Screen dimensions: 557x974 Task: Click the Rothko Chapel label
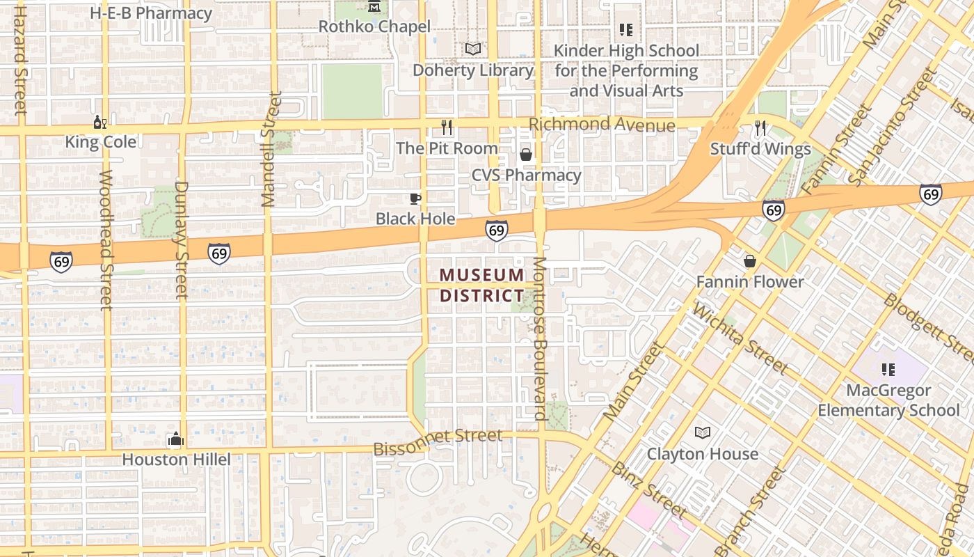[x=374, y=26]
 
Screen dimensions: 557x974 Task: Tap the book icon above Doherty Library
[x=473, y=49]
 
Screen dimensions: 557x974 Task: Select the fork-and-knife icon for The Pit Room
[x=447, y=127]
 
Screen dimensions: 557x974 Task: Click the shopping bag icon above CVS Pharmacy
[x=526, y=154]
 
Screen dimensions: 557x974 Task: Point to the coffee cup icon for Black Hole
[x=415, y=199]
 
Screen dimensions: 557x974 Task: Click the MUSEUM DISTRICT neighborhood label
[x=481, y=285]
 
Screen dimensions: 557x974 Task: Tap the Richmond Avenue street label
[x=602, y=125]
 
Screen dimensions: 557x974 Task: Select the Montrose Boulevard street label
[x=541, y=338]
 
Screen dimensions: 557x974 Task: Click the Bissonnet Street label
[x=438, y=443]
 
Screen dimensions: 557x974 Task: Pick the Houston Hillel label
[x=176, y=460]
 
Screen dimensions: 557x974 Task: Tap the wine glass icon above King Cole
[x=100, y=123]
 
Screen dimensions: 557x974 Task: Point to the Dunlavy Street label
[x=182, y=240]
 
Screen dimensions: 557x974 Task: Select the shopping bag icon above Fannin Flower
[x=750, y=261]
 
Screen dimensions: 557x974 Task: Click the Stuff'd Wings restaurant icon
[x=760, y=128]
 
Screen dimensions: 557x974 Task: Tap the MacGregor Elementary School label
[x=888, y=400]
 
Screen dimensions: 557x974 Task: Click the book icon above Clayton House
[x=703, y=433]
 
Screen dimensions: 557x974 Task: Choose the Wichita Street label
[x=740, y=339]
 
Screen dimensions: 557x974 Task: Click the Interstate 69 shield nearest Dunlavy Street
[x=219, y=253]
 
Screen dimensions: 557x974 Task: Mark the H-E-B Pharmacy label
[x=151, y=13]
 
